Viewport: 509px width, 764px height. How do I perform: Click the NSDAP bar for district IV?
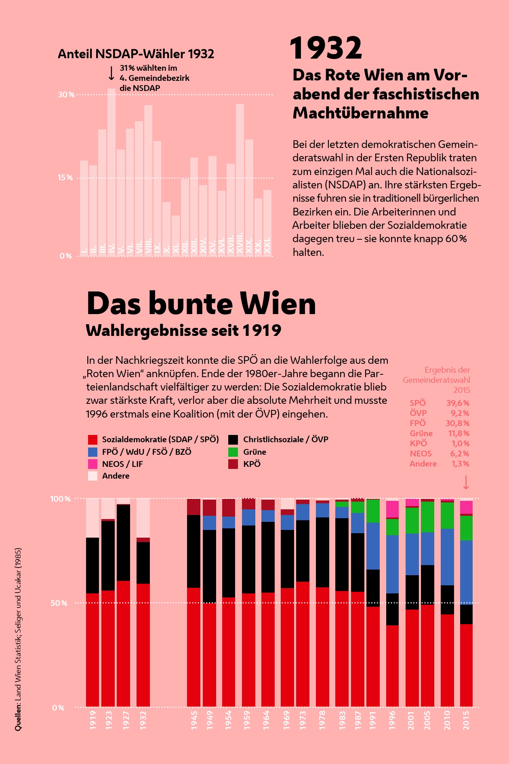coord(111,170)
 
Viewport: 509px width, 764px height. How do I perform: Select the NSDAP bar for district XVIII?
coord(240,178)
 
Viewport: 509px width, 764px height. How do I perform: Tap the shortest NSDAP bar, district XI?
coord(176,234)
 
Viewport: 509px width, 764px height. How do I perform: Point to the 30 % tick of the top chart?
coord(66,95)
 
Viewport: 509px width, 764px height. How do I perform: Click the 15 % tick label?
coord(65,177)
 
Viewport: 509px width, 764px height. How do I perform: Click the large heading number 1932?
coord(326,49)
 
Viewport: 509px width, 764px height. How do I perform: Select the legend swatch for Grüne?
coord(233,452)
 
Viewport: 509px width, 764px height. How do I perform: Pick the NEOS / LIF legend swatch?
coord(93,464)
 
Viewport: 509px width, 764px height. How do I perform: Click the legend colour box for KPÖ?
coord(233,464)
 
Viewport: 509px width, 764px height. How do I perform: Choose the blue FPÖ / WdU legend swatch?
coord(93,452)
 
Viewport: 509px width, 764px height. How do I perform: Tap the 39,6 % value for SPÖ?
coord(458,403)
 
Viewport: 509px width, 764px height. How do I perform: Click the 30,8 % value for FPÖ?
coord(457,423)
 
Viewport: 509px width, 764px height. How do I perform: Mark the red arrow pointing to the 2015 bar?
coord(466,482)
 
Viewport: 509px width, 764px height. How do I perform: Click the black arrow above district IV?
coord(111,74)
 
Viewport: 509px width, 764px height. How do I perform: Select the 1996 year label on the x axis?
coord(392,720)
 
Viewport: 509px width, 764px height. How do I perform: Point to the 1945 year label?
coord(194,720)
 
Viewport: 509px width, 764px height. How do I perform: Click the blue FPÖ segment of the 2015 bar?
coord(466,572)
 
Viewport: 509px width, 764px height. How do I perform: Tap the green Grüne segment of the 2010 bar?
coord(447,515)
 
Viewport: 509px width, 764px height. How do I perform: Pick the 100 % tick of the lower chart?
coord(60,499)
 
